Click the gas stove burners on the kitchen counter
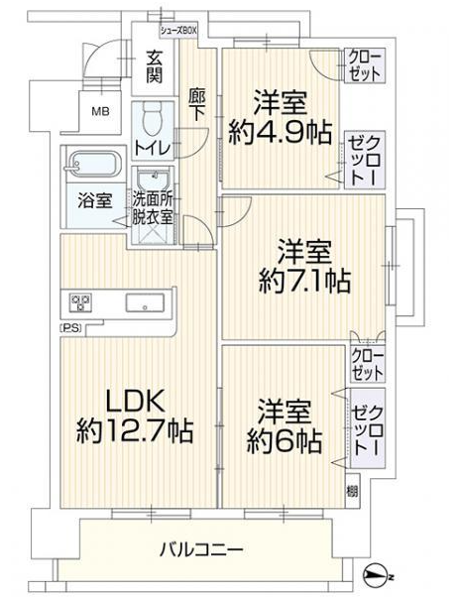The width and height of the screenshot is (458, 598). (81, 302)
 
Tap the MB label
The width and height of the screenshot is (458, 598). (100, 112)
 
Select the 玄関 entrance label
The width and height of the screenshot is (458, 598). (154, 67)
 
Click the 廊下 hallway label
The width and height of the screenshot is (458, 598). (196, 104)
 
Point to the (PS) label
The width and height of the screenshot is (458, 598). (71, 328)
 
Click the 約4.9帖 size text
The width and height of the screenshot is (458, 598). (280, 133)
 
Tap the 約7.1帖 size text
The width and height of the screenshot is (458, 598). (304, 281)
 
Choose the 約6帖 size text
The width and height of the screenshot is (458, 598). (284, 441)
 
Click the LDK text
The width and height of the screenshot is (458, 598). (135, 401)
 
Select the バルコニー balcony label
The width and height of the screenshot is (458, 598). (201, 549)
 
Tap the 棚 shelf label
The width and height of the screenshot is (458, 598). (352, 491)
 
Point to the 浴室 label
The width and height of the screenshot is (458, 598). (94, 200)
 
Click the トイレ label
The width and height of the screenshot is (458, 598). (152, 148)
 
